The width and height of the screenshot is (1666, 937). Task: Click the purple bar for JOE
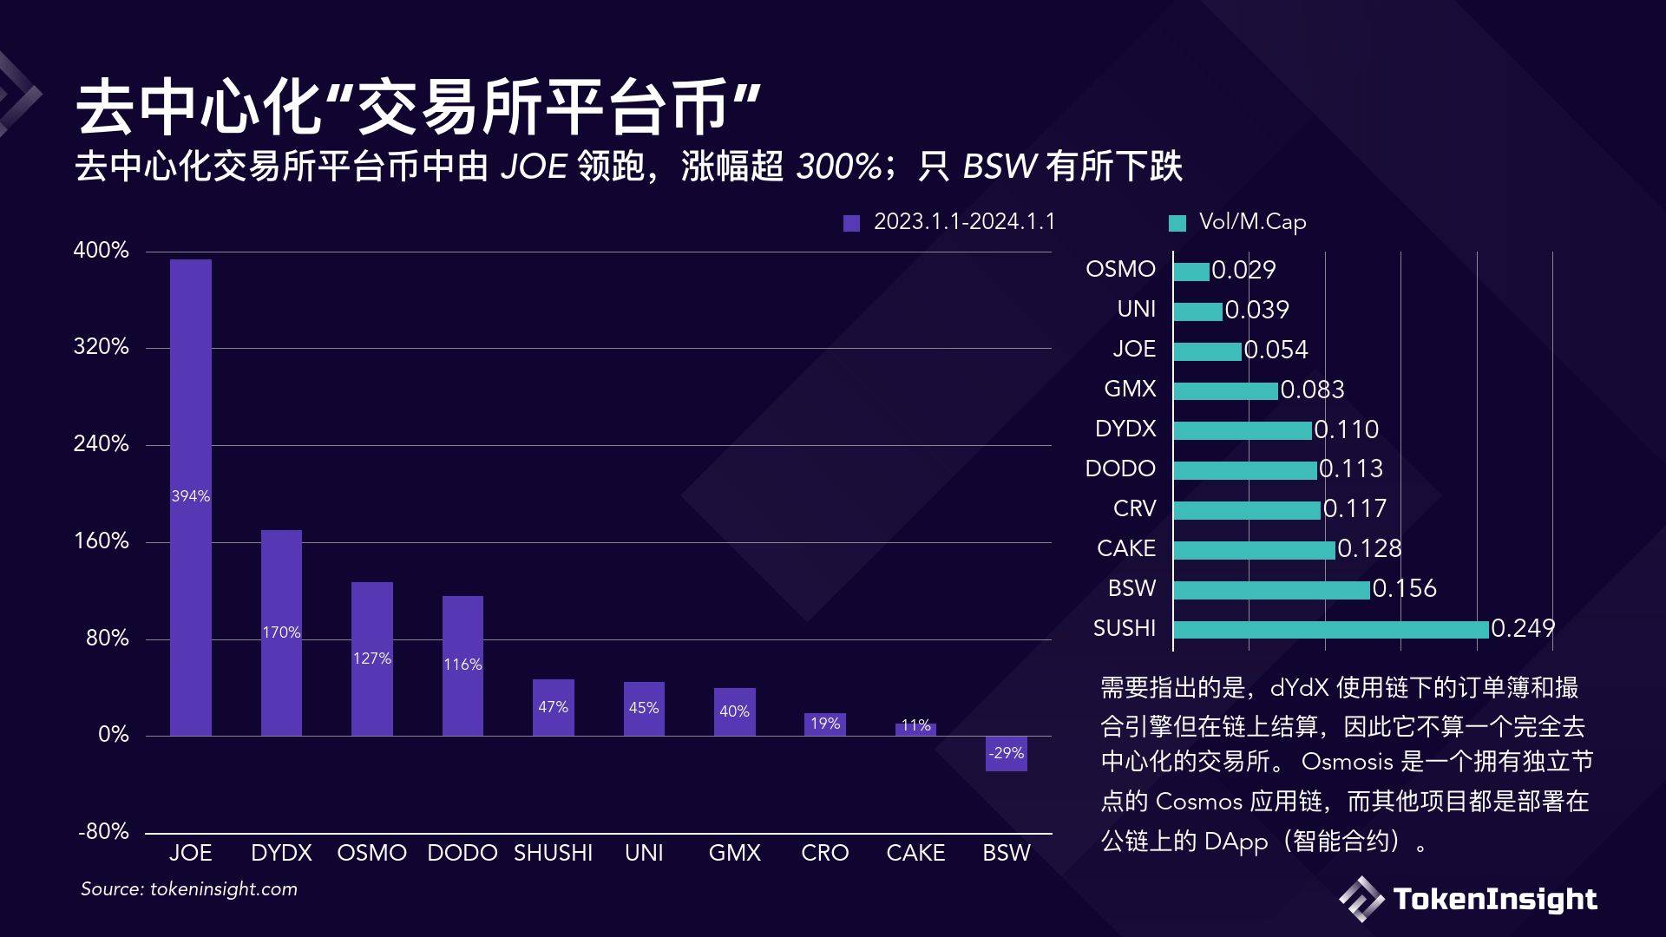click(x=190, y=390)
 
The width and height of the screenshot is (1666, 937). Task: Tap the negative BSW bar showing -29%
click(x=1006, y=753)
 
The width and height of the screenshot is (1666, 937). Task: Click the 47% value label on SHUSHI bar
click(x=553, y=707)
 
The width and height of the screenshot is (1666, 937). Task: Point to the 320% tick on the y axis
click(x=101, y=347)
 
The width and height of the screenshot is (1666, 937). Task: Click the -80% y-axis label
click(x=103, y=831)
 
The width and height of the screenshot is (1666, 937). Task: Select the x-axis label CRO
click(x=824, y=853)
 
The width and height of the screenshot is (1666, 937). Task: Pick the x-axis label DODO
click(x=462, y=853)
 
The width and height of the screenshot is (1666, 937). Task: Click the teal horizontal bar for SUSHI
click(x=1330, y=629)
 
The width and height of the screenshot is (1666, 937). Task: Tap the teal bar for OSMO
click(x=1191, y=272)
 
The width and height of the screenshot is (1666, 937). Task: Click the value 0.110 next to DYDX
click(x=1346, y=429)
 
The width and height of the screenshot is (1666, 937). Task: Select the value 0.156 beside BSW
click(x=1404, y=588)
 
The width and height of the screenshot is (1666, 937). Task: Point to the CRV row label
click(x=1134, y=508)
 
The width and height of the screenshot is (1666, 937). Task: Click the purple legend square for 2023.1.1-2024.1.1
click(x=851, y=223)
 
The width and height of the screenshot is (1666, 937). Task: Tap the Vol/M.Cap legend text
click(x=1252, y=222)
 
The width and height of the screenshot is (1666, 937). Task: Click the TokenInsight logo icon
click(x=1361, y=899)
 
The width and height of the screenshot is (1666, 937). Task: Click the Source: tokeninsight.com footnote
click(x=189, y=888)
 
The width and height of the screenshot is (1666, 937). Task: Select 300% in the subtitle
click(x=838, y=167)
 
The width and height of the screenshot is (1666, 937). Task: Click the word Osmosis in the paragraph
click(x=1347, y=762)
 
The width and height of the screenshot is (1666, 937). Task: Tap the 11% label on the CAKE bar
click(x=915, y=724)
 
